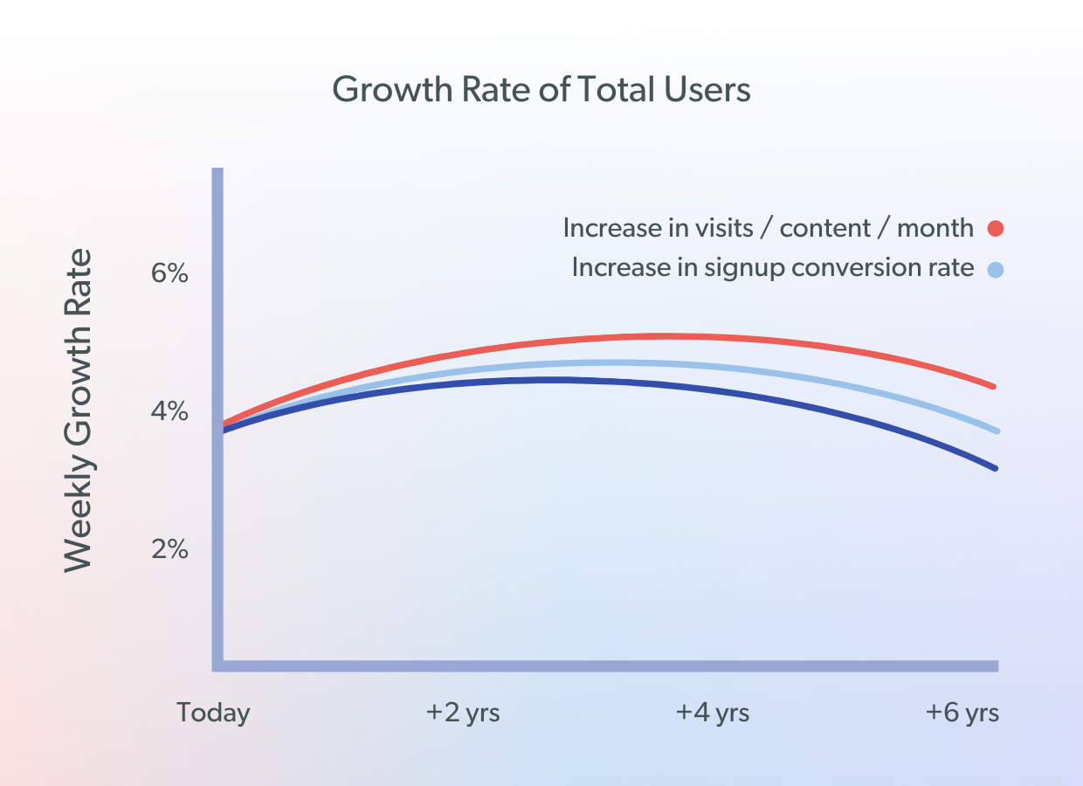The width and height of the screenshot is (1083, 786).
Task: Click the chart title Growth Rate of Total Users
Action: pyautogui.click(x=541, y=90)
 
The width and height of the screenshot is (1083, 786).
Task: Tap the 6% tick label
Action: pyautogui.click(x=169, y=273)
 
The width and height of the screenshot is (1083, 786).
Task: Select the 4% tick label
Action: pyautogui.click(x=169, y=410)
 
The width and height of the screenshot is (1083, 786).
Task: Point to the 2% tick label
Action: pyautogui.click(x=169, y=549)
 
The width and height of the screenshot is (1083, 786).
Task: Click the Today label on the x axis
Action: pyautogui.click(x=213, y=713)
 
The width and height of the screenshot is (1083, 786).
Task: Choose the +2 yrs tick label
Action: pyautogui.click(x=463, y=713)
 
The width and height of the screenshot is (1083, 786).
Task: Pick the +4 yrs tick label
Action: pyautogui.click(x=713, y=713)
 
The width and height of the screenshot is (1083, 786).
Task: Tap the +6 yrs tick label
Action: pyautogui.click(x=962, y=713)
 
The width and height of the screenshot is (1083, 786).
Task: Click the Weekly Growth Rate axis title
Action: pyautogui.click(x=79, y=410)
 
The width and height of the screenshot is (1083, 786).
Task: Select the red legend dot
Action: pyautogui.click(x=995, y=229)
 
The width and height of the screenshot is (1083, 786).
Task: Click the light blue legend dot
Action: pyautogui.click(x=995, y=269)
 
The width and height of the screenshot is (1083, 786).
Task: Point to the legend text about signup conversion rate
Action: pyautogui.click(x=772, y=267)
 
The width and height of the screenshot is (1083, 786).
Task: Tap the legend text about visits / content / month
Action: pyautogui.click(x=768, y=228)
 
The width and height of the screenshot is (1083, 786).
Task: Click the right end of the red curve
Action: pyautogui.click(x=993, y=385)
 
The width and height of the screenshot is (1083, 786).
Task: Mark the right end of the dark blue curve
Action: pyautogui.click(x=993, y=468)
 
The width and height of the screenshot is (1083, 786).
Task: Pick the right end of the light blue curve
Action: pyautogui.click(x=993, y=430)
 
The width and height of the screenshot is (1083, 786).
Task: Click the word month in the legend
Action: pyautogui.click(x=935, y=228)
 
